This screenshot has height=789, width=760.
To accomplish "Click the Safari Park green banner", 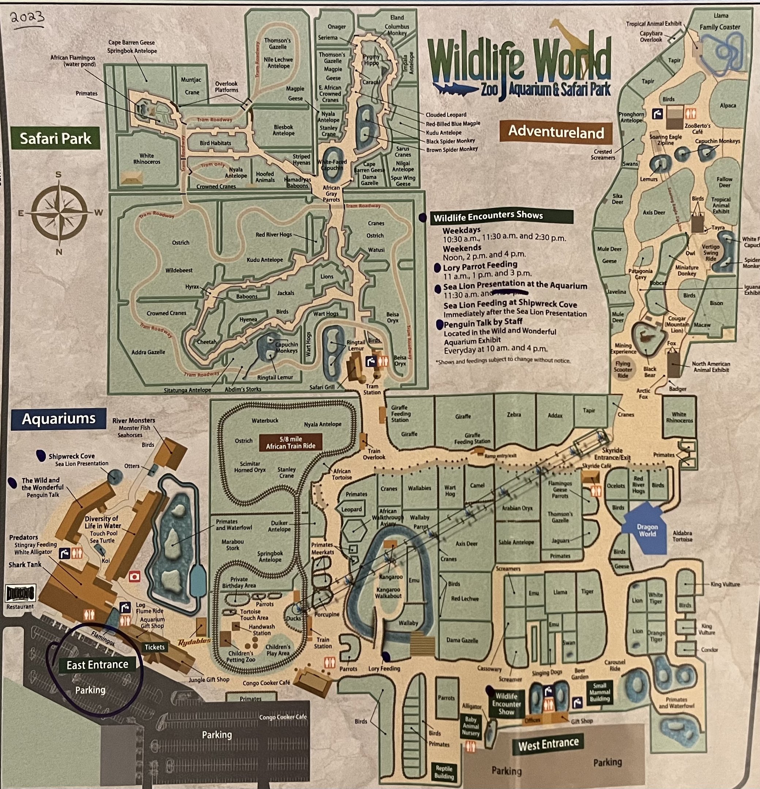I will [56, 139].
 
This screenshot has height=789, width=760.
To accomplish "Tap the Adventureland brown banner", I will [556, 132].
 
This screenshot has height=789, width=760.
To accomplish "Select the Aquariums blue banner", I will [59, 419].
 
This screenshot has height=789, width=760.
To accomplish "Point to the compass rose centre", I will [59, 213].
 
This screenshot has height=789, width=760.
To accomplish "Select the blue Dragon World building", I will [646, 529].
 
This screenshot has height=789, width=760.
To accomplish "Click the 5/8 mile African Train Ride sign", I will [290, 442].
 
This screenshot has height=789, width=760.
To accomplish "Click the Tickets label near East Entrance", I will [155, 647].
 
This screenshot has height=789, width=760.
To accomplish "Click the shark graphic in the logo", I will [453, 88].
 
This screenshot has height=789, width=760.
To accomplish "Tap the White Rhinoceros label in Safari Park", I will [147, 159].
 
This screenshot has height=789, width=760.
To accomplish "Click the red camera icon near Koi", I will [134, 577].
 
